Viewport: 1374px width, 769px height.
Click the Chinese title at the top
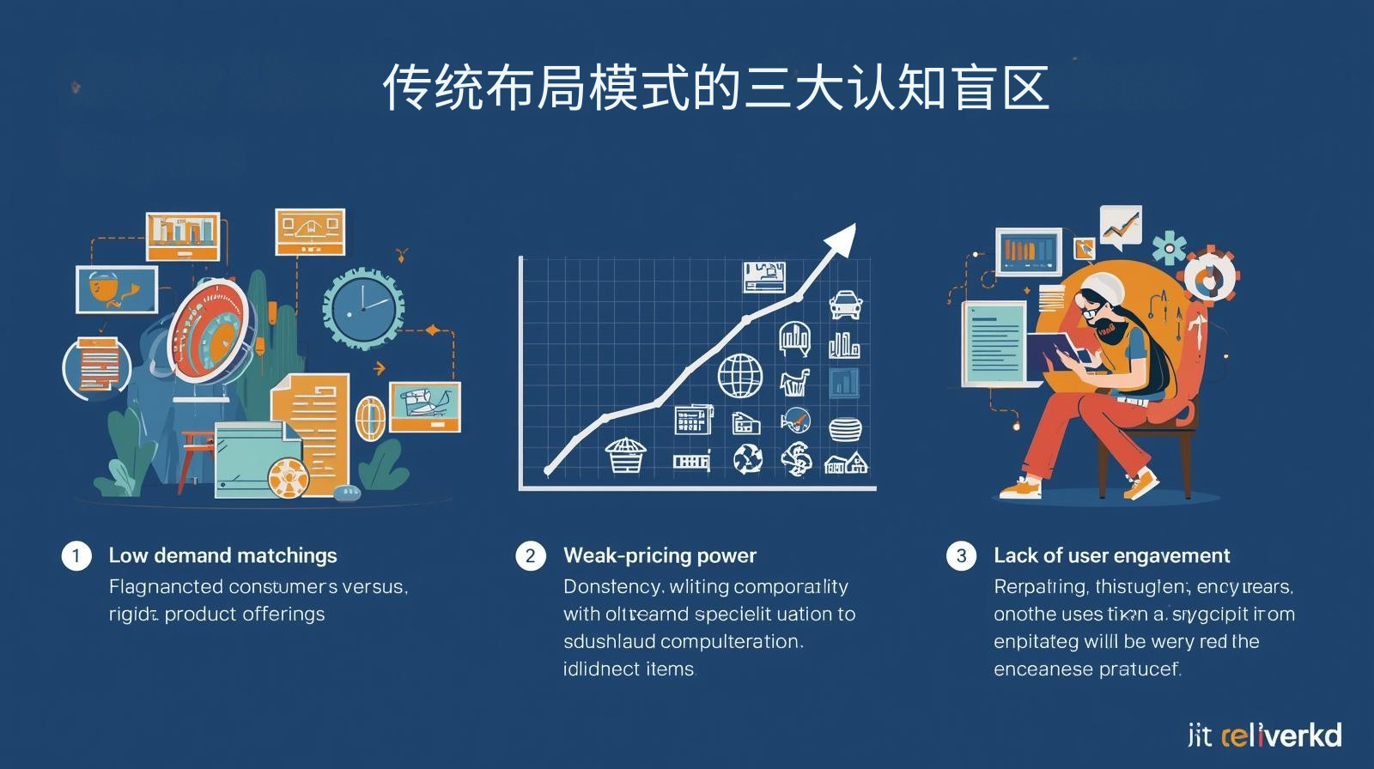coord(715,88)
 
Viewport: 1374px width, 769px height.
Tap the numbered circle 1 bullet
coord(76,555)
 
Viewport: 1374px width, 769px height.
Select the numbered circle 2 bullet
coord(530,555)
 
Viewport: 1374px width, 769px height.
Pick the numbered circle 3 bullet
coord(961,555)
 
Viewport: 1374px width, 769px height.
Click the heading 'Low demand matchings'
coord(222,555)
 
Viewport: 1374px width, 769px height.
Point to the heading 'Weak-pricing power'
coord(660,555)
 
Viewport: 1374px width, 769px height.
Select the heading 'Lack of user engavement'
coord(1111,555)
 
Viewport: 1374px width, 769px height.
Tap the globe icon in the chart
coord(739,376)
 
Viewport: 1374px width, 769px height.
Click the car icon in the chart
coord(845,305)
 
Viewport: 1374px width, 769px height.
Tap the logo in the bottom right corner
coord(1264,735)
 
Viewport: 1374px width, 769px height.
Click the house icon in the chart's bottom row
coord(846,463)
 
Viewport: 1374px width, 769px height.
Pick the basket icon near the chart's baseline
coord(624,455)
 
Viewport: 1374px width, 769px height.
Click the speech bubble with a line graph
coord(1120,226)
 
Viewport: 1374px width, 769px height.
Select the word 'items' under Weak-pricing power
coord(669,669)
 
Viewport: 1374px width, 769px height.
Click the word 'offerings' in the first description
coord(283,614)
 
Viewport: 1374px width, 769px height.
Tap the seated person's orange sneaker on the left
coord(1020,489)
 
